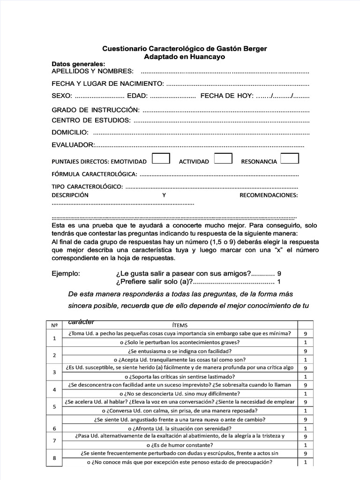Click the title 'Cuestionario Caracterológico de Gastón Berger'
(x=185, y=49)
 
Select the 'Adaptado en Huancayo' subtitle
(x=184, y=57)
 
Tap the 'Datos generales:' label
(x=78, y=64)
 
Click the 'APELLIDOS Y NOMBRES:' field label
(x=92, y=71)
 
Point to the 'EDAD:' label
(x=137, y=96)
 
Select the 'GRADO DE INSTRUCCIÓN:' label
(x=96, y=110)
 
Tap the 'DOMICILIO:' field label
(x=69, y=132)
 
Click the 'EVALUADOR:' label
(x=73, y=145)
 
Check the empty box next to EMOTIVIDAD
(x=161, y=158)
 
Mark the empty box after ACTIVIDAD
(x=223, y=158)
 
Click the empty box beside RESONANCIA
(x=290, y=158)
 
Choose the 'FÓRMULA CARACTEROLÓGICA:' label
(x=94, y=174)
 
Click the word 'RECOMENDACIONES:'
(x=269, y=195)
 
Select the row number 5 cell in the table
(x=54, y=406)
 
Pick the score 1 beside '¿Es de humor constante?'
(x=305, y=445)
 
